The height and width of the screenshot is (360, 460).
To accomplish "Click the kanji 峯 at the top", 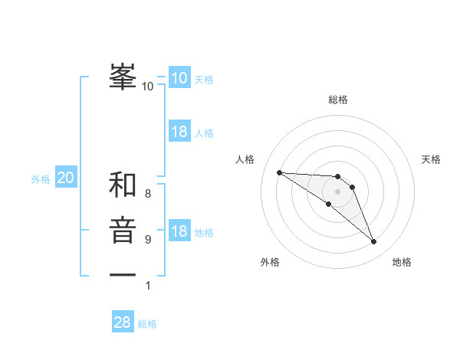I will click(x=123, y=77).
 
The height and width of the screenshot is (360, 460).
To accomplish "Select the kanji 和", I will click(x=123, y=185).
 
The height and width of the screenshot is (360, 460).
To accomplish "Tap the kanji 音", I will click(x=123, y=231).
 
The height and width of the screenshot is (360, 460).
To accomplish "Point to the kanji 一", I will click(x=123, y=275).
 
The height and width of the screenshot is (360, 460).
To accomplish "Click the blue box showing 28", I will click(x=123, y=322).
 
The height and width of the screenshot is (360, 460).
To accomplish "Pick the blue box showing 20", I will click(x=66, y=178).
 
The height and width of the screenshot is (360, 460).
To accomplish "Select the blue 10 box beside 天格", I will click(x=179, y=78).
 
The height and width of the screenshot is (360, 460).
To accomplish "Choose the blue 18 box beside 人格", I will click(x=179, y=132).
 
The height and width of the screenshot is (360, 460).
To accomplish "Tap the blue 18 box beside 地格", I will click(x=179, y=231).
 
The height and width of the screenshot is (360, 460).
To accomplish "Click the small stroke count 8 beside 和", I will click(x=148, y=194).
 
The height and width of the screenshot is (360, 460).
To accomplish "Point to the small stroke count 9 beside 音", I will click(x=148, y=240).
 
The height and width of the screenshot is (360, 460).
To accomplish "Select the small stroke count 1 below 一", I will click(x=148, y=286).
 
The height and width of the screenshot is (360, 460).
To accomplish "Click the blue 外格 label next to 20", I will click(x=41, y=179).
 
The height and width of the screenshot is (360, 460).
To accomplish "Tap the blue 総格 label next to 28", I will click(x=147, y=324).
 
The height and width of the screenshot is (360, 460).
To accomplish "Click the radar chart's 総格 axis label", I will click(x=338, y=100).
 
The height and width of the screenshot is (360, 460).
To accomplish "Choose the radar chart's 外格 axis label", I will click(x=270, y=262).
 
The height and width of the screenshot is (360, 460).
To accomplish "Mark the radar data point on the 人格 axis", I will click(x=279, y=172).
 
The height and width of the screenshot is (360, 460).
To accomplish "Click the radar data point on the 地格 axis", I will click(x=374, y=242).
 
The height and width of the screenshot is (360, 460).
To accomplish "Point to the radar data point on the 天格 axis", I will click(x=352, y=187).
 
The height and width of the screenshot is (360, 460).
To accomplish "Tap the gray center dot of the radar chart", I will click(x=338, y=191).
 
